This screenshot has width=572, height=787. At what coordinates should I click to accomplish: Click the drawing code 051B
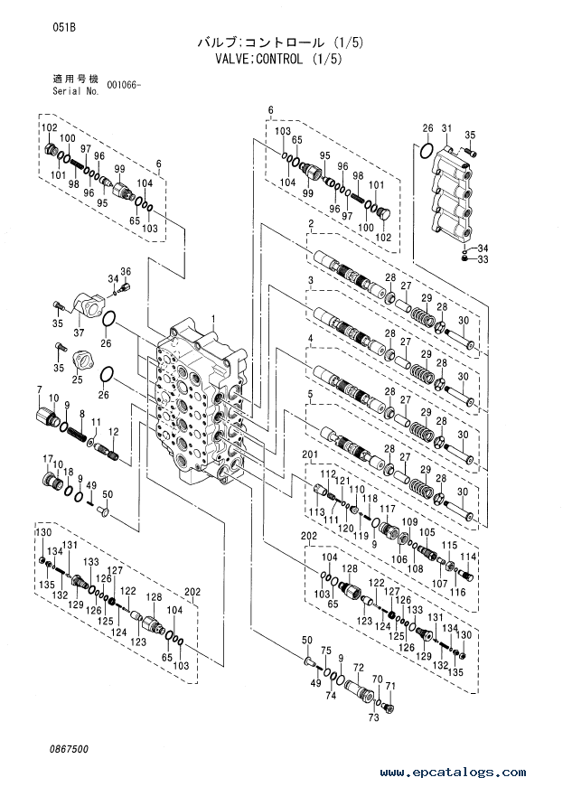point(64,28)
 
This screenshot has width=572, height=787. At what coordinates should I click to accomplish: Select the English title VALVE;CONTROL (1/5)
point(278,60)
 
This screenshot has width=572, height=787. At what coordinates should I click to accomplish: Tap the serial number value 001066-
point(124,85)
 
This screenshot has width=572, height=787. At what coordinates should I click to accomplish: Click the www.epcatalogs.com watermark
point(453,773)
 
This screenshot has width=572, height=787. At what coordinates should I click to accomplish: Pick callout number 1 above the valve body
point(213,318)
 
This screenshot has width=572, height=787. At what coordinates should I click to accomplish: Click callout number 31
point(446,129)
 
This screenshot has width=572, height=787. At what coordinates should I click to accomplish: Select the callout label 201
point(310,454)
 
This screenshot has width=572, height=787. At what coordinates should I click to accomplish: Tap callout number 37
point(79,333)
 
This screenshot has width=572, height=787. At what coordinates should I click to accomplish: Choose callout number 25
point(77,379)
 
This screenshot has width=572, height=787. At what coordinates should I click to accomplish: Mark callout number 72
point(358,667)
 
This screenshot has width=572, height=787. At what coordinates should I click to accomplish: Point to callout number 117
point(388,509)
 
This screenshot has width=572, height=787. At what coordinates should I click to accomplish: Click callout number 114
point(468,557)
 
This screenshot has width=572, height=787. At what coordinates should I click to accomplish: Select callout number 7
point(39,389)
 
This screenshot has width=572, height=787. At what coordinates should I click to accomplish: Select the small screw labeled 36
point(125,286)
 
